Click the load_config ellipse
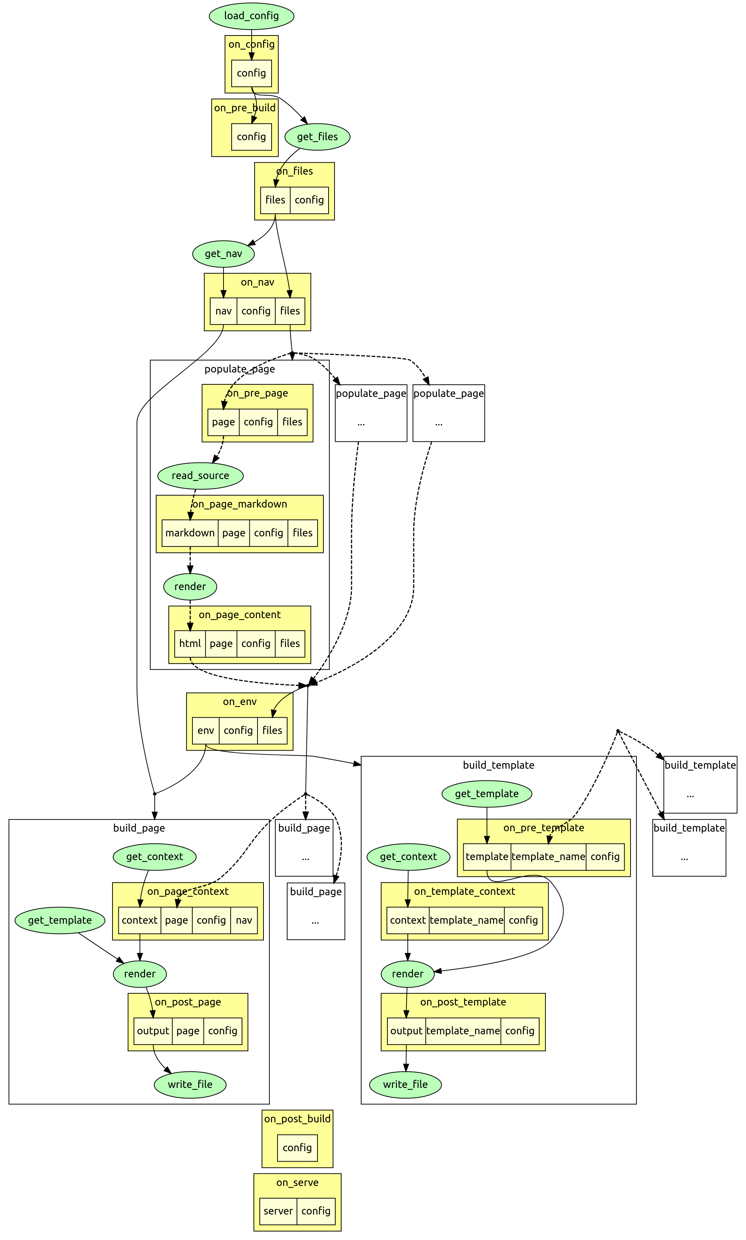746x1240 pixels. point(251,16)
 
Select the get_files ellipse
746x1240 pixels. point(317,137)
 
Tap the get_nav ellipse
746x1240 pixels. point(223,254)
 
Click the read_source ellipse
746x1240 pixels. point(200,476)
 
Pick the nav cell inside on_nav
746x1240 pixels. point(223,311)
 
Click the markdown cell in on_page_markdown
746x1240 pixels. point(190,533)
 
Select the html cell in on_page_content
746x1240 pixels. point(190,644)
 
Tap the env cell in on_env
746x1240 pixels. point(206,731)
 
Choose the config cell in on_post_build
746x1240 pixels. point(297,1148)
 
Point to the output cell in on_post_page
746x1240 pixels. point(153,1031)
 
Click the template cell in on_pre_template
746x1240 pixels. point(487,857)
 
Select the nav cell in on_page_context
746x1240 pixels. point(244,920)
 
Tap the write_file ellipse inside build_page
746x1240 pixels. point(190,1084)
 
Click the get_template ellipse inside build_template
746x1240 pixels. point(487,794)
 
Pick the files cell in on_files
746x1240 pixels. point(275,200)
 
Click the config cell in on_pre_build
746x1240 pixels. point(251,137)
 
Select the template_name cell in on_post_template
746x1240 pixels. point(463,1031)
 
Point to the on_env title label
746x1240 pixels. point(240,702)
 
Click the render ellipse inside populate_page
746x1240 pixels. point(190,586)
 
